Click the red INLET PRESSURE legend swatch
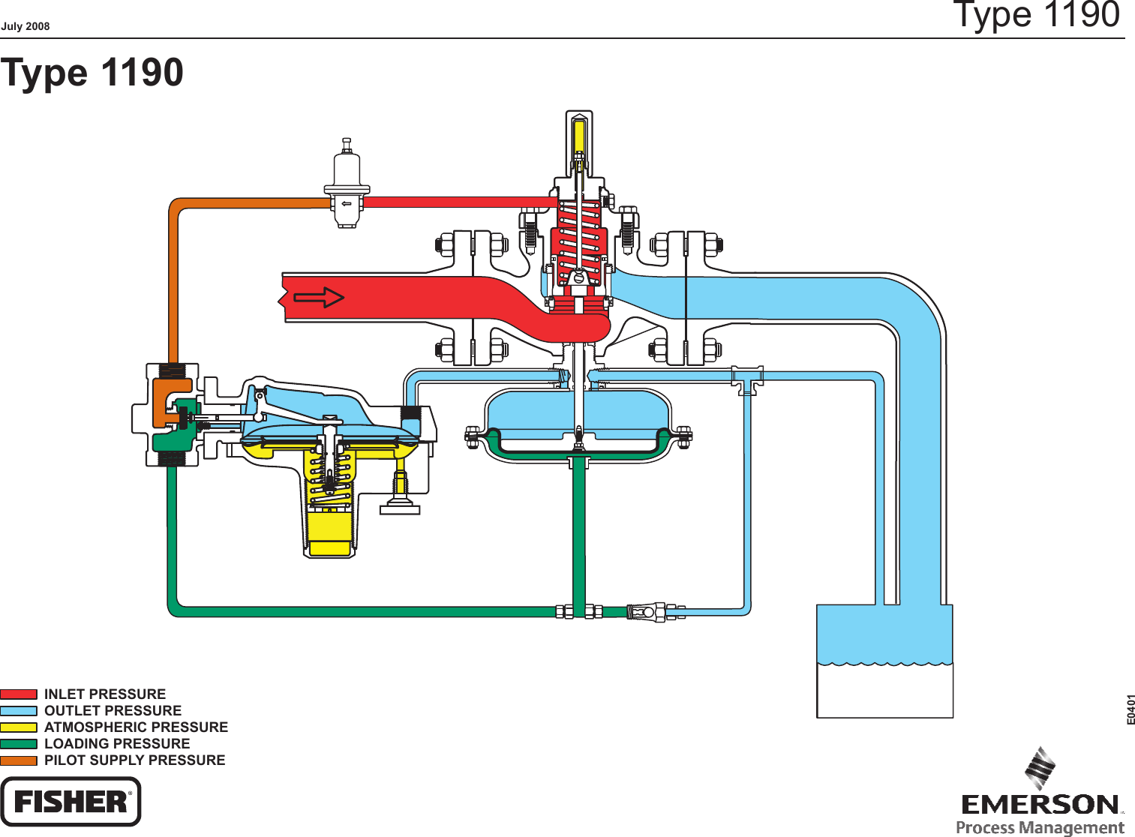[19, 694]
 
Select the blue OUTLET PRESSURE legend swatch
[19, 710]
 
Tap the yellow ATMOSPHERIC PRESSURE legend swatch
[19, 727]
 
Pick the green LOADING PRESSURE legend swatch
[19, 743]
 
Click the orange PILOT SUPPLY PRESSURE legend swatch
[19, 760]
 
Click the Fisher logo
[71, 801]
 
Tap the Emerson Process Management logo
[1040, 795]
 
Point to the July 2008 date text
[26, 26]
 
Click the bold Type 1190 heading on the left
[92, 73]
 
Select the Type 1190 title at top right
[1036, 15]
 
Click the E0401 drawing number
[1130, 709]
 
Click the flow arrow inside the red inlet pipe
[318, 298]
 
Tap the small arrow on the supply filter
[347, 203]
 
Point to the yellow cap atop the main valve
[579, 136]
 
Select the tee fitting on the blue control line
[748, 378]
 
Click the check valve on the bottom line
[645, 612]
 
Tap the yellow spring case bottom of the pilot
[329, 534]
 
